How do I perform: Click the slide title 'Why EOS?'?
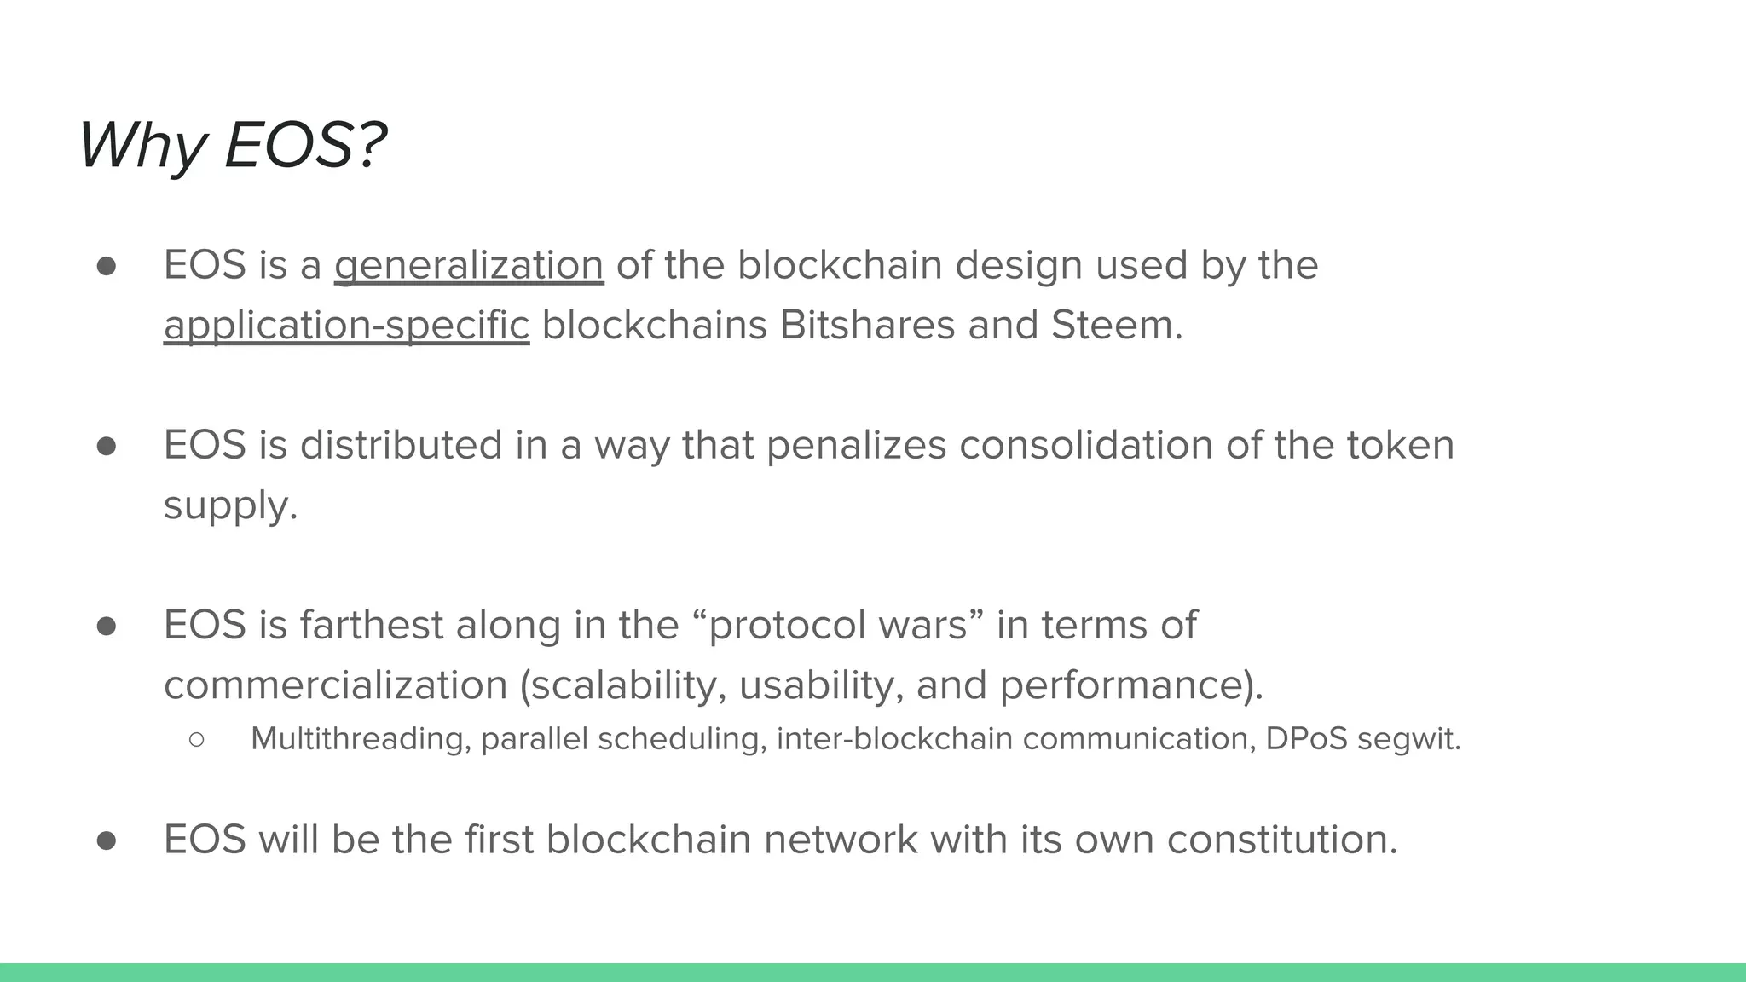point(233,145)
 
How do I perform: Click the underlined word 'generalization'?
point(469,265)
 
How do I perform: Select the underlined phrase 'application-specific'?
point(346,326)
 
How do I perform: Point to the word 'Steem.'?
point(1117,326)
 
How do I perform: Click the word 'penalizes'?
point(856,446)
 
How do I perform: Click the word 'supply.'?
point(230,506)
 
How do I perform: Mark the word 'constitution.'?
point(1282,840)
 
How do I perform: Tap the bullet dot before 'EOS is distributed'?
point(107,446)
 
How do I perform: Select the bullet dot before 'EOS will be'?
point(107,840)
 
